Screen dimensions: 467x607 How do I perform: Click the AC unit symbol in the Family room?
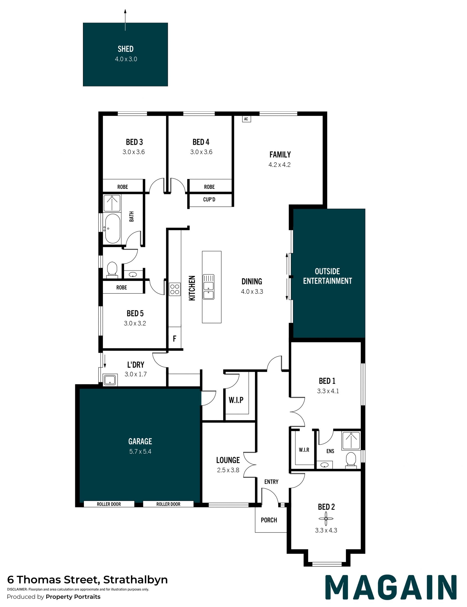pos(246,119)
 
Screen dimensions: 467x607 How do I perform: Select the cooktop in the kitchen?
pos(175,289)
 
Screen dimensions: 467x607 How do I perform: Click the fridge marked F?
pos(175,338)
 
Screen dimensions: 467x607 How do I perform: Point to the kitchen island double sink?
pos(208,287)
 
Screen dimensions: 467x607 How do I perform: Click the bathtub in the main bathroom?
pos(113,228)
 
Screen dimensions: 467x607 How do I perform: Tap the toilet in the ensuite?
pos(351,460)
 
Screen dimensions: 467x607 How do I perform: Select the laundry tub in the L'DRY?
pos(110,380)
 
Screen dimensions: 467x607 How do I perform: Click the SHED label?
pos(126,49)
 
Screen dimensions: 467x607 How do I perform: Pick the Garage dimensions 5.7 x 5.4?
pos(140,451)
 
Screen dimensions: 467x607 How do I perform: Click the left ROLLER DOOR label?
pos(109,504)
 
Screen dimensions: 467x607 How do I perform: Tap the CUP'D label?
pos(209,199)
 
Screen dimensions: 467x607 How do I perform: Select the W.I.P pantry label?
pos(236,400)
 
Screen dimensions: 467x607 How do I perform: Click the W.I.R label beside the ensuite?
pos(304,449)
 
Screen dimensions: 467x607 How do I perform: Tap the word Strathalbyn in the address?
pos(135,580)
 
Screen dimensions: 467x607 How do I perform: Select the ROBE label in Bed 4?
pos(209,187)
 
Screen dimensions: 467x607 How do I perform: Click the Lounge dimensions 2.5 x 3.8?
pos(228,470)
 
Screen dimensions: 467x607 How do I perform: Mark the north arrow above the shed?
pos(125,20)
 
